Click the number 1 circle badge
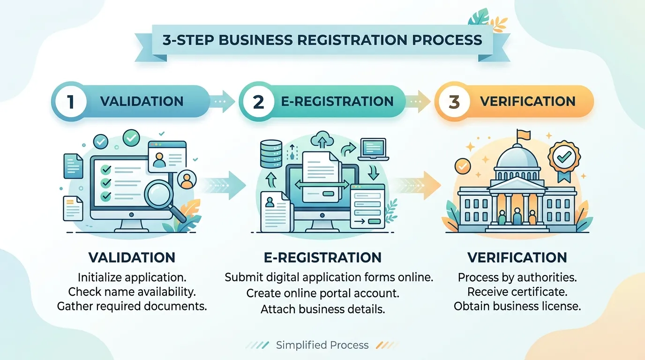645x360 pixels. pyautogui.click(x=70, y=102)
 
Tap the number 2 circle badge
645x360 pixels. pyautogui.click(x=258, y=102)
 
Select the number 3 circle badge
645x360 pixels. pyautogui.click(x=454, y=102)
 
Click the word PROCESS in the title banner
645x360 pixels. pyautogui.click(x=447, y=40)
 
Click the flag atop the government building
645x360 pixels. pyautogui.click(x=523, y=135)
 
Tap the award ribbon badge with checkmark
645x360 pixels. pyautogui.click(x=564, y=160)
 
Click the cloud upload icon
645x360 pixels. pyautogui.click(x=322, y=139)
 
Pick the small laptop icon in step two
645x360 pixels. pyautogui.click(x=373, y=150)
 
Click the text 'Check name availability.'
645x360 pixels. pyautogui.click(x=132, y=292)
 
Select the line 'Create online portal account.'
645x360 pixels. pyautogui.click(x=323, y=293)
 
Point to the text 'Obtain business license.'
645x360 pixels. pyautogui.click(x=517, y=306)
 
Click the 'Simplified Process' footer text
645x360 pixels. pyautogui.click(x=322, y=345)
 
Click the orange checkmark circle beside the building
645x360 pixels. pyautogui.click(x=463, y=166)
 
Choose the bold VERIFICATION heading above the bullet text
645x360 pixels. pyautogui.click(x=517, y=257)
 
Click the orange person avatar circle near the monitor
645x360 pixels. pyautogui.click(x=187, y=180)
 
